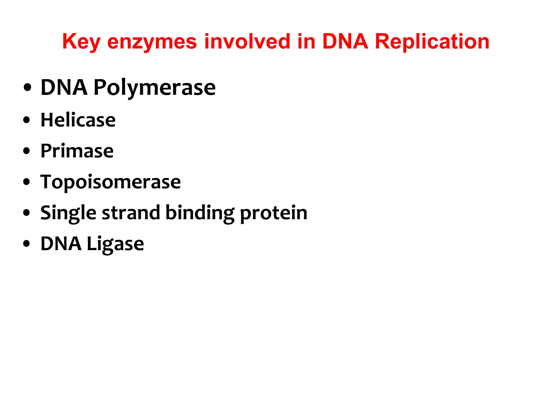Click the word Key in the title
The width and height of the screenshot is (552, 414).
tap(81, 42)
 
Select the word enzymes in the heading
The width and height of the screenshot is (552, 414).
tap(152, 42)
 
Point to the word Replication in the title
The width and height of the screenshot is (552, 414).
tap(432, 42)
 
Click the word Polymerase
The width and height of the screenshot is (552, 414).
tap(154, 88)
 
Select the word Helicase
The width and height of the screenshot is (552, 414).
tap(78, 120)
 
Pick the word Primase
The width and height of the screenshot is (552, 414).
tap(77, 151)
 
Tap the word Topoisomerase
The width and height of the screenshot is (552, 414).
tap(111, 182)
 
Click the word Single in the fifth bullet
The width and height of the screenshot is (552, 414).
tap(68, 213)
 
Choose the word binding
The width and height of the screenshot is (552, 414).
tap(200, 213)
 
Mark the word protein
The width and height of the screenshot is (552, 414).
tap(274, 213)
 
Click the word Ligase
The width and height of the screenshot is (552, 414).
tap(115, 244)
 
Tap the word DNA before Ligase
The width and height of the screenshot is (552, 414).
tap(61, 244)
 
